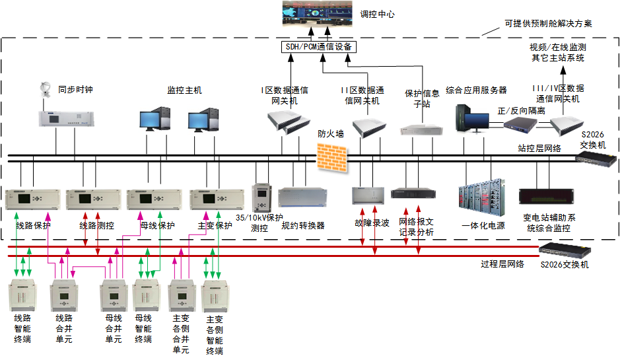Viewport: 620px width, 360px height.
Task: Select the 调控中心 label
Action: tap(377, 13)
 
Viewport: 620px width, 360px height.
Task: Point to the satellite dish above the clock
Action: tap(47, 89)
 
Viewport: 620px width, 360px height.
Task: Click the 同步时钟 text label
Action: tap(75, 89)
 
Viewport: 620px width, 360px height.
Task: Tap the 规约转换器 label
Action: tap(303, 225)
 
